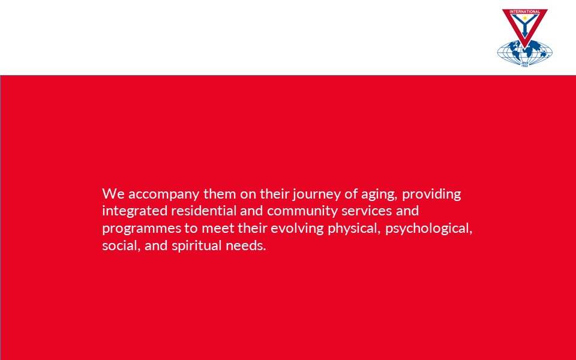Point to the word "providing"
click(431, 194)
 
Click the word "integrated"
click(134, 211)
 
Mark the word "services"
click(367, 211)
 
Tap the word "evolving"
click(297, 229)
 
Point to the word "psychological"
click(428, 229)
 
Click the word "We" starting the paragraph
click(113, 194)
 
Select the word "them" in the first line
click(220, 194)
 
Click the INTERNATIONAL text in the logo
click(525, 12)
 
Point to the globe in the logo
click(525, 53)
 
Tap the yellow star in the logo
click(525, 17)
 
